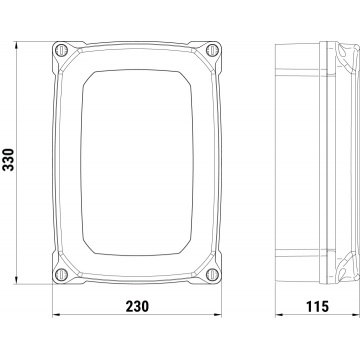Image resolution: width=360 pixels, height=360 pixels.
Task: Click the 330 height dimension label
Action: pos(8,160)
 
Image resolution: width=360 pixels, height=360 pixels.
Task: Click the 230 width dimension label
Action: pos(137,306)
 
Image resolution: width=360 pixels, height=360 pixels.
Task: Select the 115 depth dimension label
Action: pos(317,306)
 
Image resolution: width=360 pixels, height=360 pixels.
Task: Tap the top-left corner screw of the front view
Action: pos(61,50)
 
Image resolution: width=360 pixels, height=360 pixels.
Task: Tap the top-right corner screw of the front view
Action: pos(212,50)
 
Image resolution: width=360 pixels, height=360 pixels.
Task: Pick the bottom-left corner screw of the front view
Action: pos(61,275)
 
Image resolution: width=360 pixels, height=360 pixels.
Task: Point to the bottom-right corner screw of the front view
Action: pos(212,275)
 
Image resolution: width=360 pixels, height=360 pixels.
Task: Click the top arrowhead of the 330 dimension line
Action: pos(16,45)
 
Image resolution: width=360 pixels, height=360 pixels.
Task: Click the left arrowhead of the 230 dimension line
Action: pos(56,314)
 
